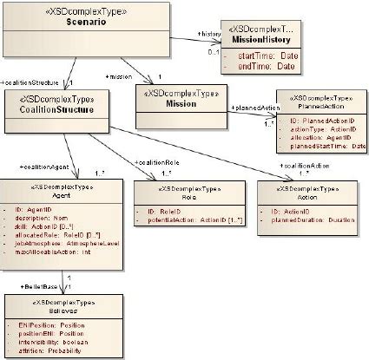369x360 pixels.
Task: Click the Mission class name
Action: tap(180, 104)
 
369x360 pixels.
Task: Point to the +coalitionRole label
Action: tap(158, 162)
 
